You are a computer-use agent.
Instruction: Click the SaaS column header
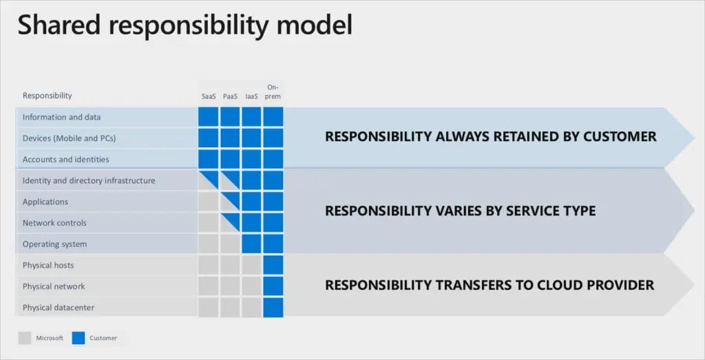[x=209, y=96]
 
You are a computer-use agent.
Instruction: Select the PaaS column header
[x=230, y=96]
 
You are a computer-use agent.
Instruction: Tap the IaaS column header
[x=251, y=96]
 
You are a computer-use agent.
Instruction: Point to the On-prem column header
[x=273, y=92]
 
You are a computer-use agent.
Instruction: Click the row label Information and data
[x=61, y=117]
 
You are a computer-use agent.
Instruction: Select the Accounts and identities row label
[x=65, y=159]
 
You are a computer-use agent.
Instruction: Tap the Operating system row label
[x=54, y=244]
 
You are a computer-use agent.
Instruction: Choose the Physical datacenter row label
[x=59, y=307]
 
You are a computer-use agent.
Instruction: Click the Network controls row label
[x=55, y=223]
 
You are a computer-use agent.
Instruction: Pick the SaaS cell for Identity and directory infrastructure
[x=209, y=180]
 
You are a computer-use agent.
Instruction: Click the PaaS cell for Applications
[x=230, y=202]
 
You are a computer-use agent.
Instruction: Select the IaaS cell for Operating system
[x=251, y=244]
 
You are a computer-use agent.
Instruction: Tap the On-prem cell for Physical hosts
[x=273, y=265]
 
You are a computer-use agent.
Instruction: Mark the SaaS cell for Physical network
[x=209, y=286]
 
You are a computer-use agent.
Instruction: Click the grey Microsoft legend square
[x=24, y=338]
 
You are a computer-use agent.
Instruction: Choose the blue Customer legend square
[x=79, y=338]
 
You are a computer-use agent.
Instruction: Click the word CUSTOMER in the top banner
[x=620, y=136]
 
